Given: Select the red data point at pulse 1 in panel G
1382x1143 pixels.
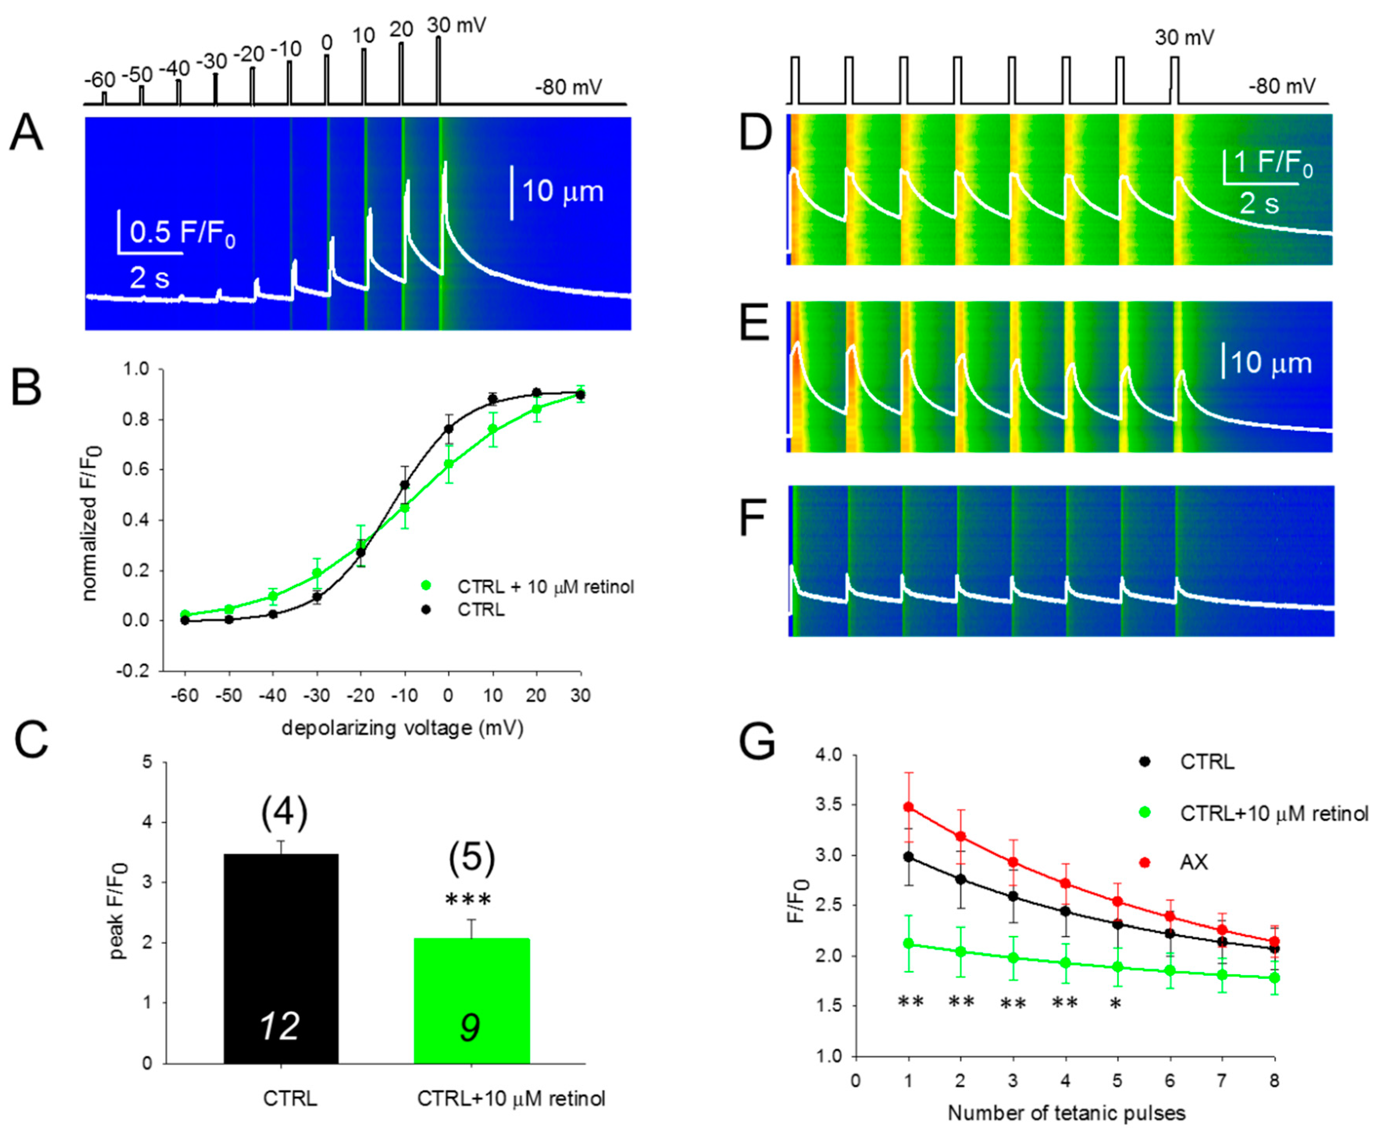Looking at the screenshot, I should pyautogui.click(x=909, y=807).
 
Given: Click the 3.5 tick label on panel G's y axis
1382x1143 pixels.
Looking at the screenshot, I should pyautogui.click(x=829, y=805).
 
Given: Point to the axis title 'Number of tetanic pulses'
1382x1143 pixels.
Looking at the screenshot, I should pyautogui.click(x=1066, y=1113).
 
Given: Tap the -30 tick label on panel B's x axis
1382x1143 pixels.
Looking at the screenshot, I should pyautogui.click(x=317, y=695).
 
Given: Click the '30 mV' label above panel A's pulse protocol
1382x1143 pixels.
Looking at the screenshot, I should pyautogui.click(x=456, y=26).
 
